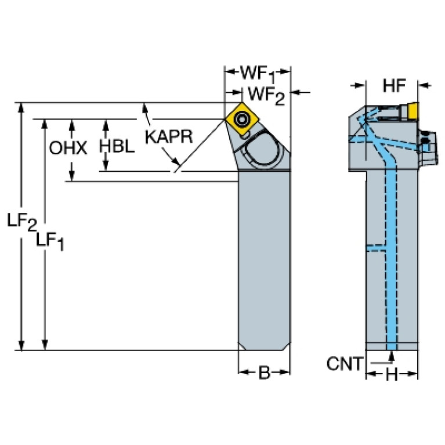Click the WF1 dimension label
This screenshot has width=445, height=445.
click(x=257, y=74)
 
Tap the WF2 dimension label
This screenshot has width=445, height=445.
click(x=267, y=94)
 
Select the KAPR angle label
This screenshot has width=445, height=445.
click(x=168, y=137)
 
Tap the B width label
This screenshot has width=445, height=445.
click(x=264, y=374)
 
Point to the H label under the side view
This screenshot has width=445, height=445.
click(x=392, y=375)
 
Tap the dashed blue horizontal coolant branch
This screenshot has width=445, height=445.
click(x=377, y=246)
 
